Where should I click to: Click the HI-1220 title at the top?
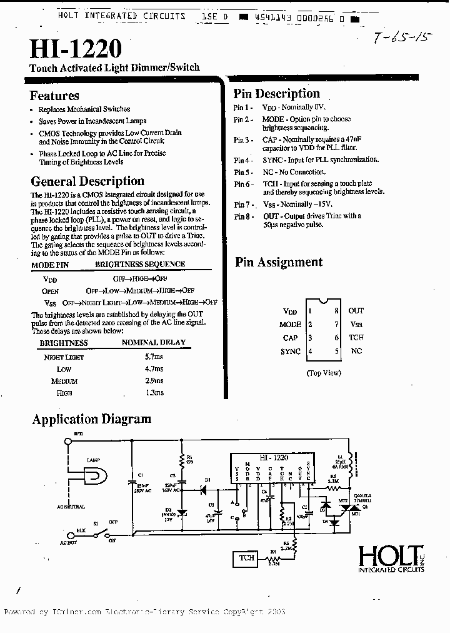pyautogui.click(x=76, y=49)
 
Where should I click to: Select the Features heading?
pyautogui.click(x=54, y=96)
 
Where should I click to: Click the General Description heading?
pyautogui.click(x=87, y=181)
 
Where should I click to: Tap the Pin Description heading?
pyautogui.click(x=276, y=94)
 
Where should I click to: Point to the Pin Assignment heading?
pyautogui.click(x=279, y=262)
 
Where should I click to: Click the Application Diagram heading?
pyautogui.click(x=91, y=419)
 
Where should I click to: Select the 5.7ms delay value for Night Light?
pyautogui.click(x=154, y=357)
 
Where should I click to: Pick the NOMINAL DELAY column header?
pyautogui.click(x=153, y=343)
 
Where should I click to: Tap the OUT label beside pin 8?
pyautogui.click(x=356, y=311)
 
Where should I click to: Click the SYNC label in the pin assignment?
pyautogui.click(x=291, y=352)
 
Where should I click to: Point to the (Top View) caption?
pyautogui.click(x=324, y=373)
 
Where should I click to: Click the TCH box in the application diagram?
pyautogui.click(x=247, y=557)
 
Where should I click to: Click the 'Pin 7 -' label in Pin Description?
pyautogui.click(x=243, y=205)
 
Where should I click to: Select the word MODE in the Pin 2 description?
pyautogui.click(x=272, y=119)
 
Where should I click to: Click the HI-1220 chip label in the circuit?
pyautogui.click(x=271, y=458)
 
